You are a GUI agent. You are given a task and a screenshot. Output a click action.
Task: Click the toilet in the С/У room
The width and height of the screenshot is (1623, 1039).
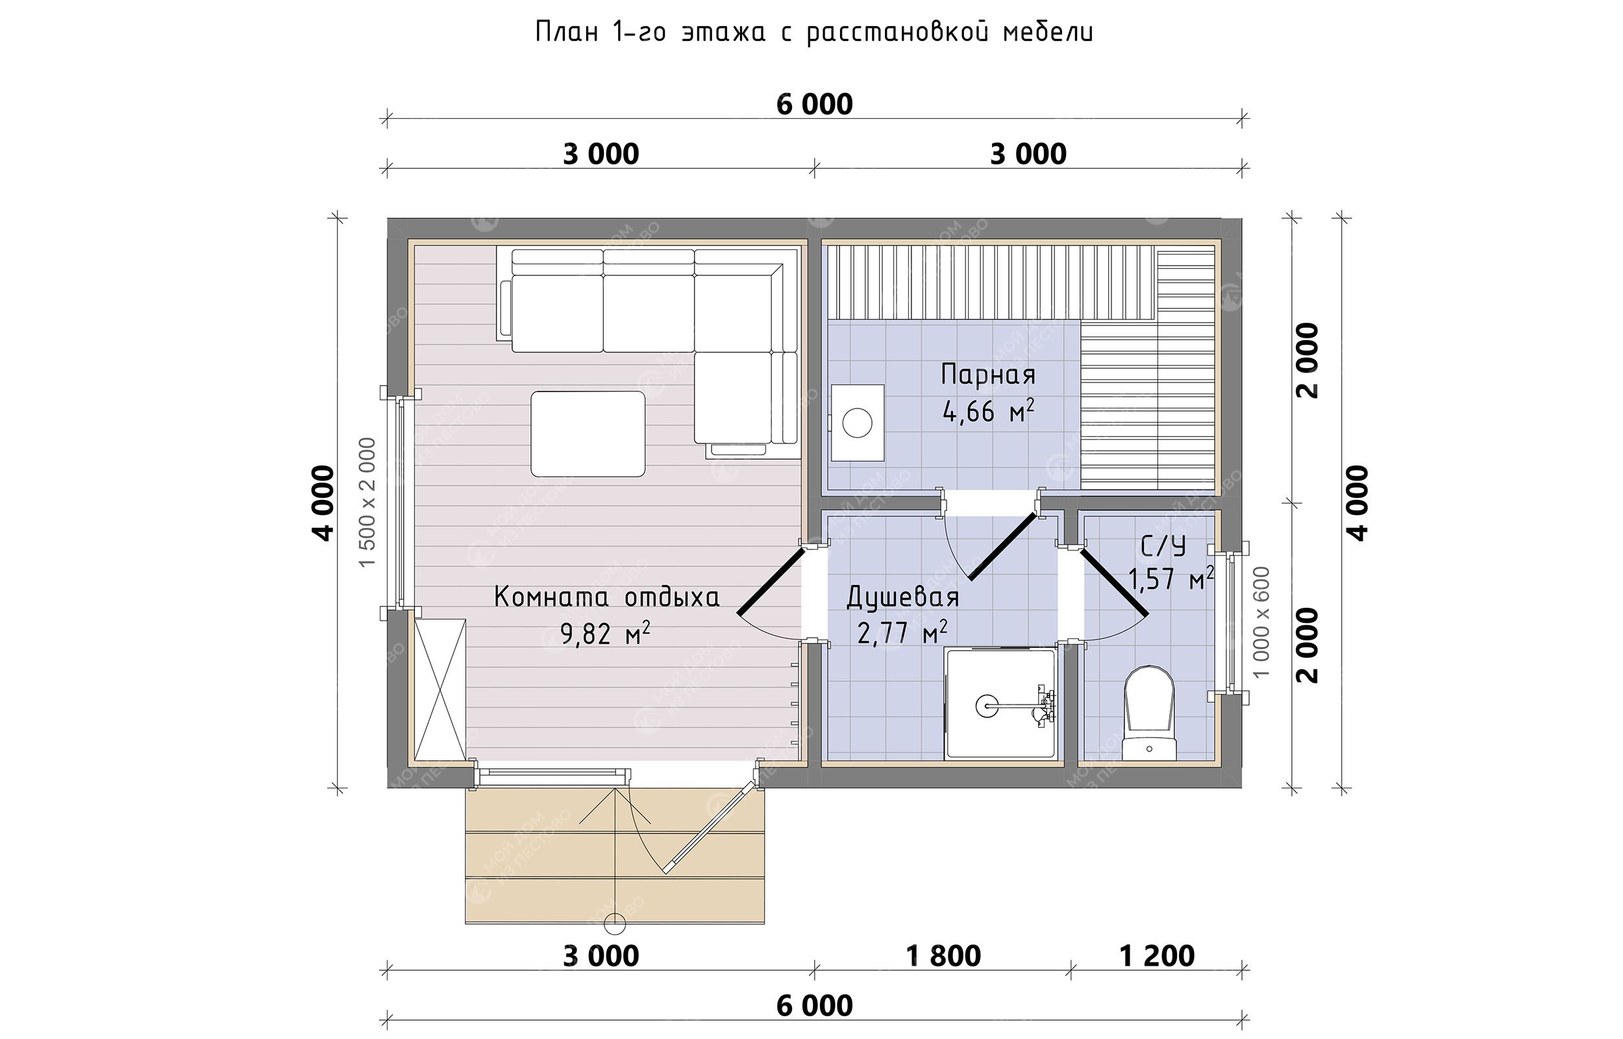1150,713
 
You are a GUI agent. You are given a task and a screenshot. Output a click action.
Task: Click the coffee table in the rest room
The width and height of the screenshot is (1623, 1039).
588,434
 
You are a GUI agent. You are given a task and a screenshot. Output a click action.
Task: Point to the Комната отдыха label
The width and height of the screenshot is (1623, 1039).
607,597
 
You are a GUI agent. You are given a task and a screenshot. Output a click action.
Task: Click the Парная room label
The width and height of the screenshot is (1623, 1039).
988,375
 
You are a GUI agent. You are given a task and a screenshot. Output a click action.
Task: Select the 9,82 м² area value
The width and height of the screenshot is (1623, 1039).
606,634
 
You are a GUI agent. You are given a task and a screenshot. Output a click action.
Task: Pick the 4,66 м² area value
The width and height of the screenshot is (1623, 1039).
989,411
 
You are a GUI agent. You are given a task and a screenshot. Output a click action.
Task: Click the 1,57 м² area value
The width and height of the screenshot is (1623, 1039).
1171,579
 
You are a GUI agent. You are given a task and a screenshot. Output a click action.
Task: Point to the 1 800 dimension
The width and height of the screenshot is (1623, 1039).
943,956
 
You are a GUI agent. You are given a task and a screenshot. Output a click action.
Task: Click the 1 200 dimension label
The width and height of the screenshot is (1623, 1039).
1157,956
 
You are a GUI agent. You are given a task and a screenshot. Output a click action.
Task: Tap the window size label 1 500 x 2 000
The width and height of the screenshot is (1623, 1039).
367,503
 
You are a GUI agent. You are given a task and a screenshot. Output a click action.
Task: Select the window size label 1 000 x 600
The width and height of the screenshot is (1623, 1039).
1261,622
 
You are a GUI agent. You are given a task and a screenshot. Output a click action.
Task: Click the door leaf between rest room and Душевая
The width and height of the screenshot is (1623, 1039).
771,581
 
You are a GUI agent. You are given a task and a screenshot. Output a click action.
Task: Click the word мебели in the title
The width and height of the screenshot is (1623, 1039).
1048,32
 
